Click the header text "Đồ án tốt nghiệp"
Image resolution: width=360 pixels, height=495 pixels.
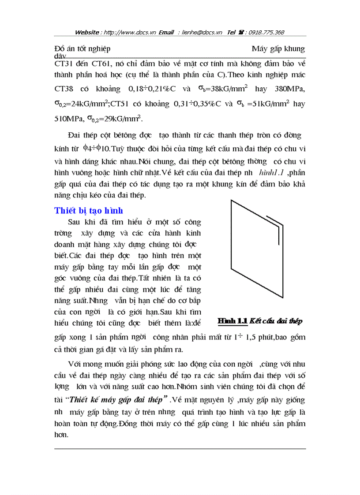(82, 48)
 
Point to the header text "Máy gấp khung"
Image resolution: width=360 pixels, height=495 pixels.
(278, 48)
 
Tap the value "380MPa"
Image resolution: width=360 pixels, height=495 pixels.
(289, 89)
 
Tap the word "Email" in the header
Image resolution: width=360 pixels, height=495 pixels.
(168, 32)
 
